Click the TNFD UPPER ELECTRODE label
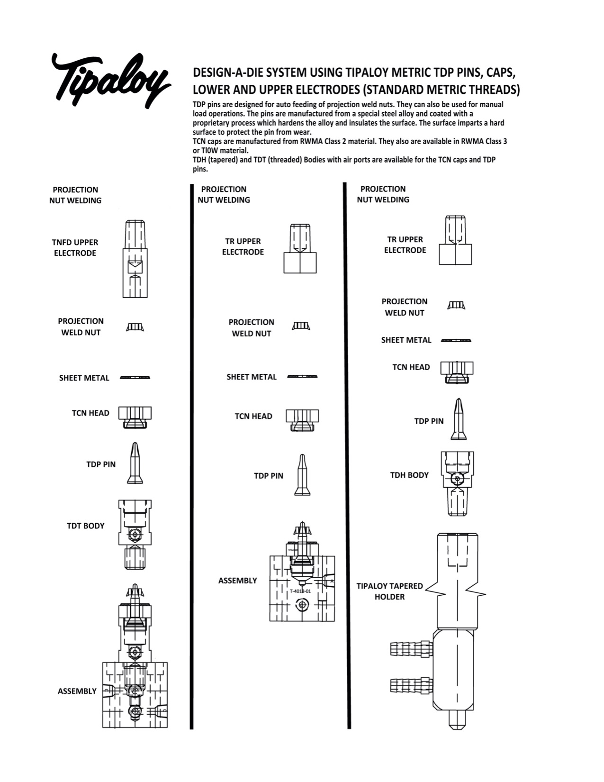[75, 247]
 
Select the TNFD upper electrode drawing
[135, 259]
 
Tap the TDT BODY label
[86, 526]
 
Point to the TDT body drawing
[135, 534]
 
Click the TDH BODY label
[409, 475]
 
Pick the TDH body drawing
[457, 483]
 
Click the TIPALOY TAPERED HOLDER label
[389, 591]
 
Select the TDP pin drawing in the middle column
[302, 475]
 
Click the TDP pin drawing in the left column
[135, 463]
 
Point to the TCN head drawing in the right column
[457, 372]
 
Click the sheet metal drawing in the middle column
[302, 376]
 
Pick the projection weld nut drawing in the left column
[135, 327]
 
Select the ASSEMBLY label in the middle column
[237, 581]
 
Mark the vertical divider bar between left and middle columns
[192, 455]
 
